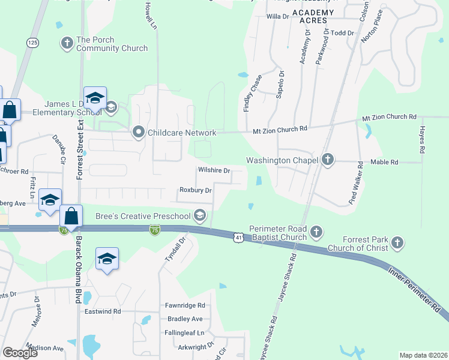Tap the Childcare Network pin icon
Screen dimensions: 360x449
139,132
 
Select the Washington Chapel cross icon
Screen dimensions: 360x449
327,160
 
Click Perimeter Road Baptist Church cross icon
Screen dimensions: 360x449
316,232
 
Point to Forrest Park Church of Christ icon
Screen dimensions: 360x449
396,243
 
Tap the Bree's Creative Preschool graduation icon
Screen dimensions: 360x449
200,215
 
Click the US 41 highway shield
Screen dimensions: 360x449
239,238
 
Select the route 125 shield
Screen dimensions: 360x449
32,43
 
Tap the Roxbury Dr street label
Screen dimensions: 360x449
196,190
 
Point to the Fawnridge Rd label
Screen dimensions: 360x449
185,305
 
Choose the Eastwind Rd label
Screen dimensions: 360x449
103,311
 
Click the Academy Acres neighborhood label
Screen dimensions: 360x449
312,16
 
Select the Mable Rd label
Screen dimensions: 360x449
384,162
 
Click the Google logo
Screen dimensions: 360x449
20,353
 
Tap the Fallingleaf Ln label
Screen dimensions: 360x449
184,332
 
